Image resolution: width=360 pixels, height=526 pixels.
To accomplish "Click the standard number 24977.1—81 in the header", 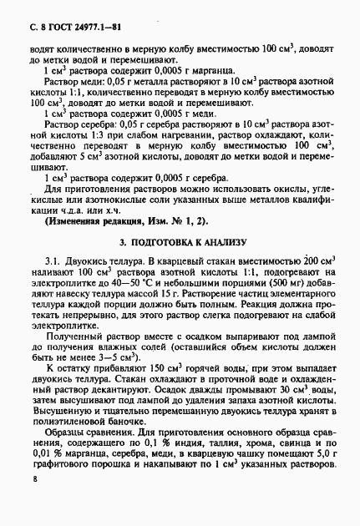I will (x=89, y=11).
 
